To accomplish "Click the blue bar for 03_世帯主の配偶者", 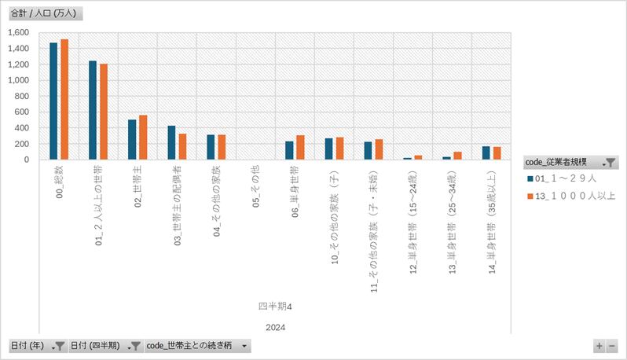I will coord(171,142).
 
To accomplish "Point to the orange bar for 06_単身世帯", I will coord(300,147).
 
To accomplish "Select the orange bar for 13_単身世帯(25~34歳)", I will coord(457,156).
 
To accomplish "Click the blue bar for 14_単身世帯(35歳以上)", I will coord(486,152).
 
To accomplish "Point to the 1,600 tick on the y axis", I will coord(18,32).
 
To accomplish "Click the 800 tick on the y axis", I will coord(22,96).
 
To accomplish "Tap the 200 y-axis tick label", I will coord(22,144).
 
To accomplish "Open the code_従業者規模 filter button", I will coord(610,163).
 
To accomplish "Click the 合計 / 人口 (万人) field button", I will coord(44,13).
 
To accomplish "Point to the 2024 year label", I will coord(275,327).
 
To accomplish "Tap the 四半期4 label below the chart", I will coord(275,305).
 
